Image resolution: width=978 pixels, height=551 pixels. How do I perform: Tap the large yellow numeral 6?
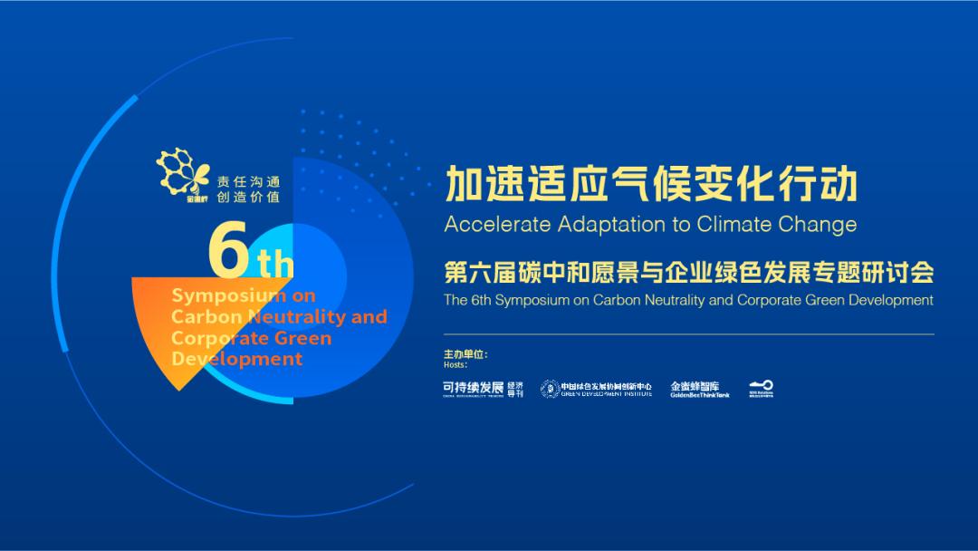(229, 250)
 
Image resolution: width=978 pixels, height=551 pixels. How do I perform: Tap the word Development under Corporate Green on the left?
(237, 359)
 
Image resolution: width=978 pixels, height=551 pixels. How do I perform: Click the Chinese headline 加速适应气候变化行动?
(650, 185)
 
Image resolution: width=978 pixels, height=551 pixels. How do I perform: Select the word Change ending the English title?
(820, 224)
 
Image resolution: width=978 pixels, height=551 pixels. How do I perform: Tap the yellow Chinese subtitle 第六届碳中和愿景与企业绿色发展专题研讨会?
(688, 272)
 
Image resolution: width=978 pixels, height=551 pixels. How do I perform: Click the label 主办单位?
(465, 354)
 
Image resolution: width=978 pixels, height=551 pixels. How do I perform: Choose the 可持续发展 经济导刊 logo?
(483, 389)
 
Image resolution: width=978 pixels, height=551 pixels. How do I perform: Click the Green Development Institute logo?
(596, 389)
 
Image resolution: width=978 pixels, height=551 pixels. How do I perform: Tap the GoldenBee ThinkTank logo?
(699, 389)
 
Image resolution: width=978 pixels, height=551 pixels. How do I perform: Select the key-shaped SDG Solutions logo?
(761, 389)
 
